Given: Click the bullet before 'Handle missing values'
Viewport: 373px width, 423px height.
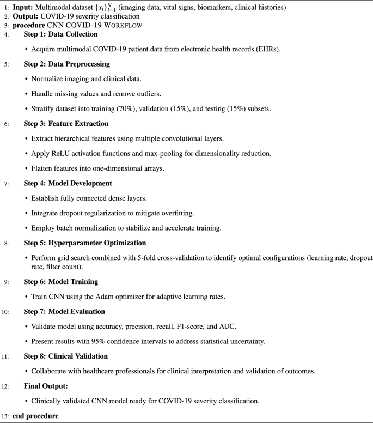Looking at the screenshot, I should (x=27, y=93).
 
